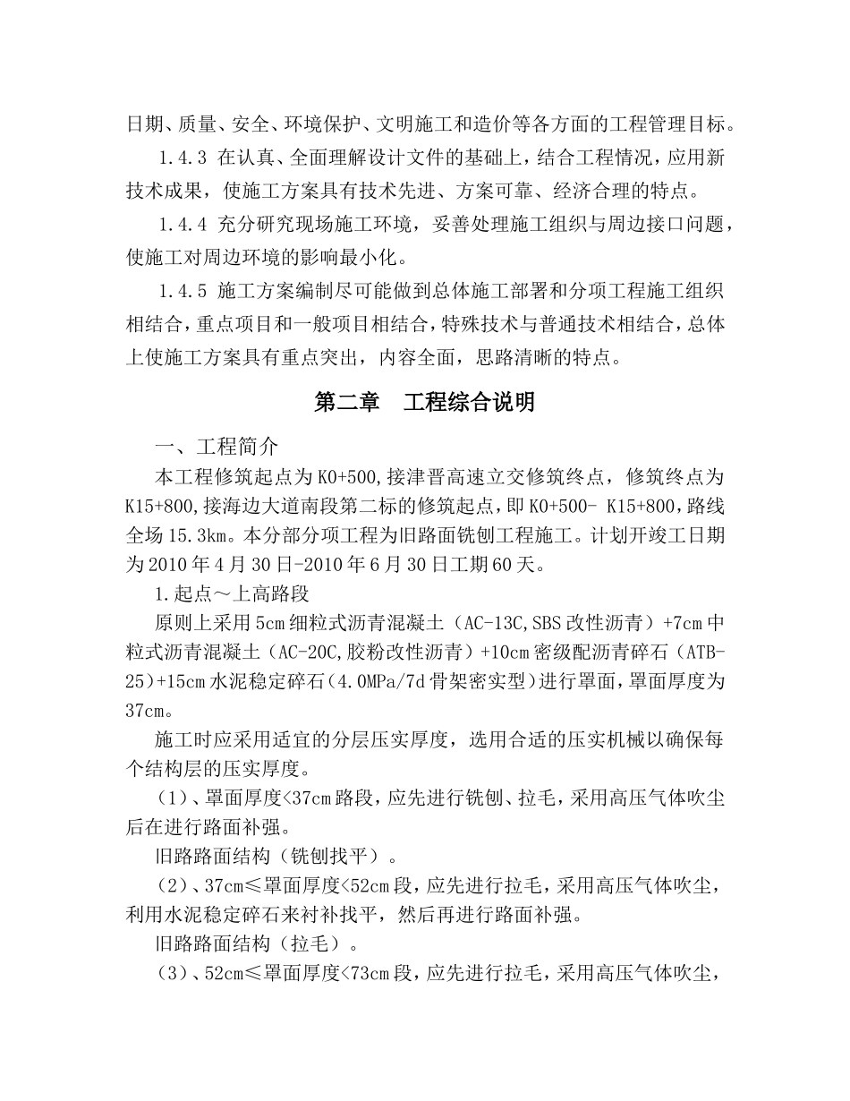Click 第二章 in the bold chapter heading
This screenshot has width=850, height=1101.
[x=347, y=403]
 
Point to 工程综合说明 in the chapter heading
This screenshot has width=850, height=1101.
[x=470, y=403]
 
